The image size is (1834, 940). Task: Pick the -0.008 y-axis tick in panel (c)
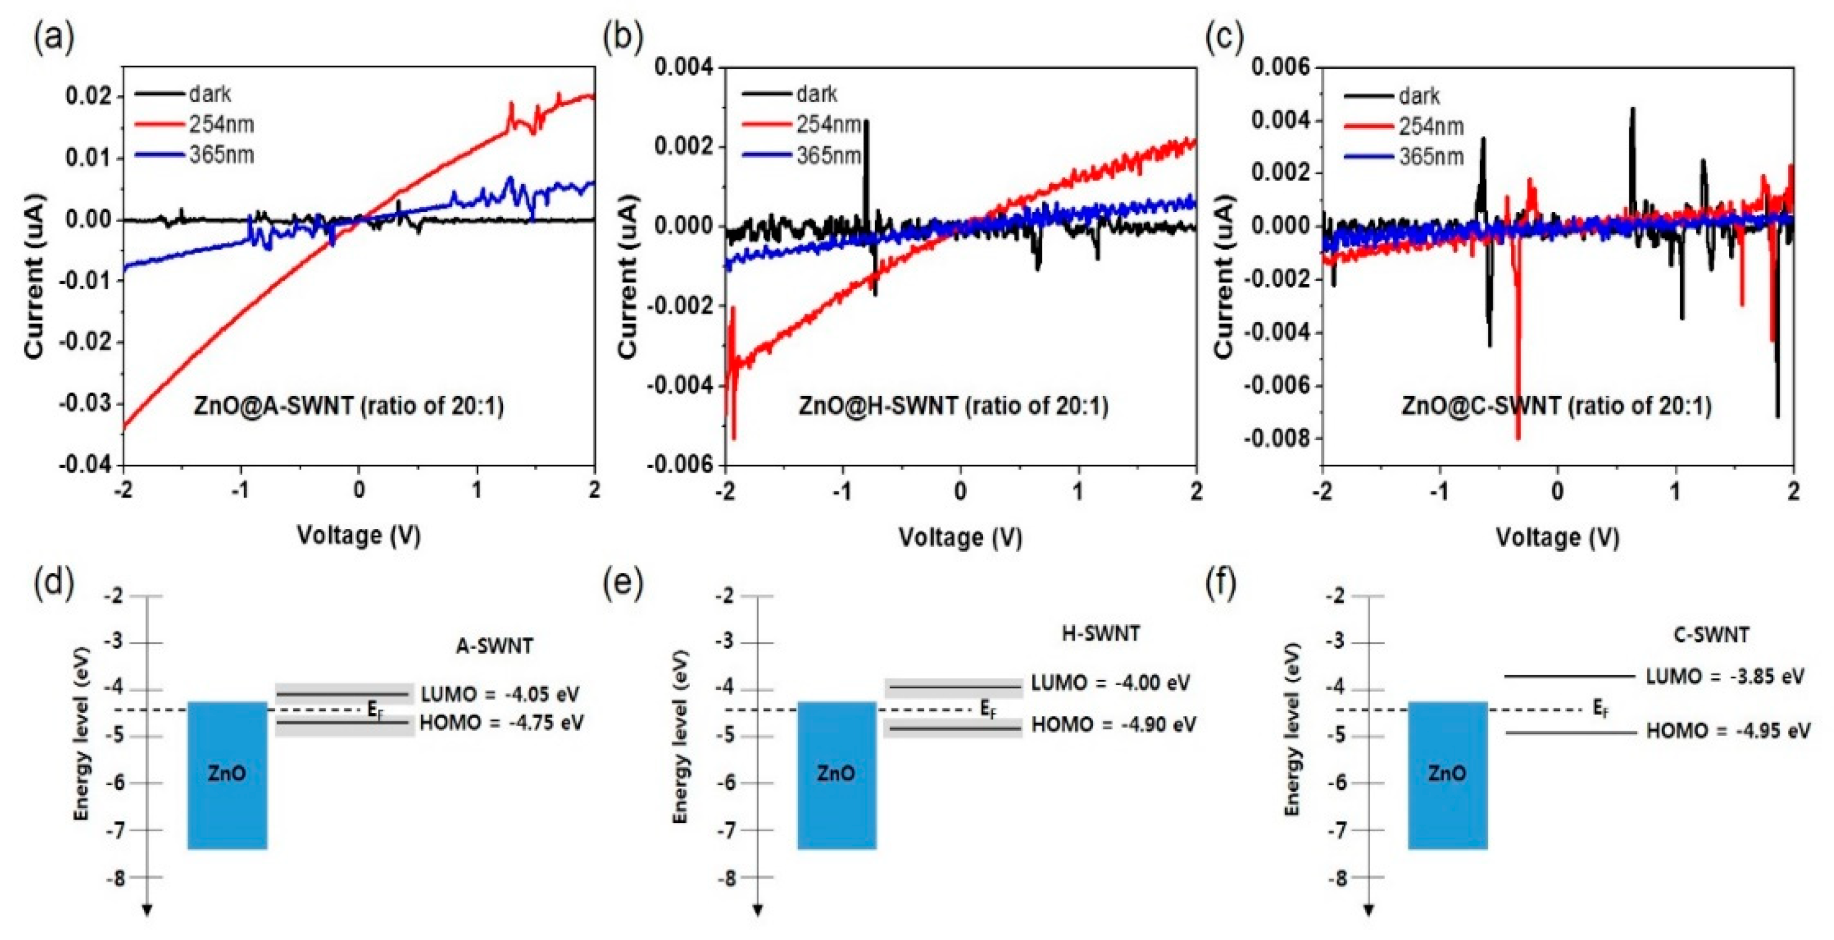tap(1278, 438)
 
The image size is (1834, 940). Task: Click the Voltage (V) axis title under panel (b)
tap(960, 537)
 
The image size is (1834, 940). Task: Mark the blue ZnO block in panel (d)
tap(227, 775)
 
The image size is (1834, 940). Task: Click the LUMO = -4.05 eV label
tap(500, 694)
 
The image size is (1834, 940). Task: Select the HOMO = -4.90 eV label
tap(1114, 725)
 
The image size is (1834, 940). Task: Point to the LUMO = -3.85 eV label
tap(1724, 676)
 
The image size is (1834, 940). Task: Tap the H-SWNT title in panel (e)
tap(1100, 633)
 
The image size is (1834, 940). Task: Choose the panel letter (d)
tap(53, 582)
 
